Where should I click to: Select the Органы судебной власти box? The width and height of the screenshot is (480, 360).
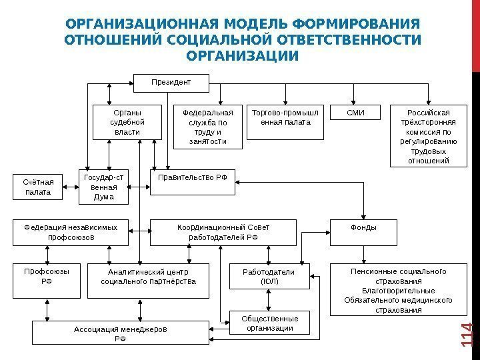point(127,122)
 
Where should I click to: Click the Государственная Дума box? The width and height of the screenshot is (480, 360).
point(104,187)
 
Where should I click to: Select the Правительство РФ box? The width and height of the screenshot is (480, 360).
point(193,182)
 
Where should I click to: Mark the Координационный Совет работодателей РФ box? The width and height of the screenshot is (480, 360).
point(223,233)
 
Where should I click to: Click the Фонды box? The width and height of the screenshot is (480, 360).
point(363,228)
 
